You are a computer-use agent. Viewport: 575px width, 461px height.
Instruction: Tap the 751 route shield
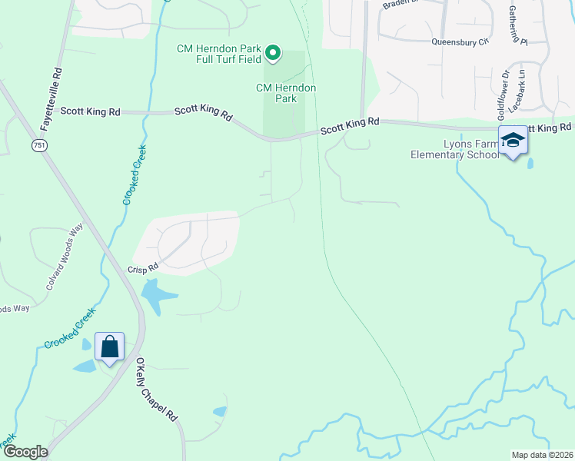coord(38,144)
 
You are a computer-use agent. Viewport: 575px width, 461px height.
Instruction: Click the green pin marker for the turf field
coord(272,53)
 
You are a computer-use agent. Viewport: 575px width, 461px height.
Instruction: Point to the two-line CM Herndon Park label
coord(286,93)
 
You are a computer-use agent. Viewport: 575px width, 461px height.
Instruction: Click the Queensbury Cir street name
coord(460,42)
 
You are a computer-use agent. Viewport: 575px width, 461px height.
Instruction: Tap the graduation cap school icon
coord(513,140)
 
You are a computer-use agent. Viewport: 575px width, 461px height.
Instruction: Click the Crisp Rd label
coord(142,267)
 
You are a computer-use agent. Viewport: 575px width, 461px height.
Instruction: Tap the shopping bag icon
coord(109,347)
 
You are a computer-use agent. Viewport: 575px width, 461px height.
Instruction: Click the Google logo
coord(25,452)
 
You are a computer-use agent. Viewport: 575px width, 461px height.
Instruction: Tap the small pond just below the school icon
coord(530,163)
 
